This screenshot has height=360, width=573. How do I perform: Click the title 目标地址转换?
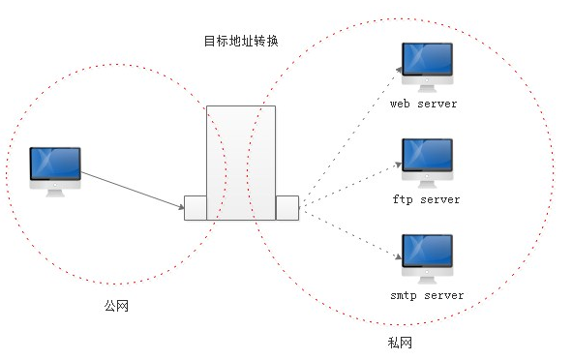pos(241,41)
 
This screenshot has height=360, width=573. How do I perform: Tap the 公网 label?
pos(116,306)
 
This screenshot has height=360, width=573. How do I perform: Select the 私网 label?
pos(400,343)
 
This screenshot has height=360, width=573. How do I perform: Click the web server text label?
pos(424,104)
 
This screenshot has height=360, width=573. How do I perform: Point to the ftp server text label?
pos(426,199)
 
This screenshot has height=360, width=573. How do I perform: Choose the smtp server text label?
pos(427,295)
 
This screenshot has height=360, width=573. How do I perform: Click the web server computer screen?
pos(427,59)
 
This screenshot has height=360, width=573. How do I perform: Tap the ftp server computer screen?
pos(427,155)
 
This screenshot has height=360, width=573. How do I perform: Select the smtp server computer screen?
pos(427,251)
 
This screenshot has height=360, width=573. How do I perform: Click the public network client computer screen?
pos(55,164)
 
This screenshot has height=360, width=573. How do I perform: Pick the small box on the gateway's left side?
pos(196,208)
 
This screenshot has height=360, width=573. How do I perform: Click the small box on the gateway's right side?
pos(287,208)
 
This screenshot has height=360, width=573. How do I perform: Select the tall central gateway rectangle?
pos(241,163)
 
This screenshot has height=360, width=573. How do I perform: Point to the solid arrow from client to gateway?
pos(133,191)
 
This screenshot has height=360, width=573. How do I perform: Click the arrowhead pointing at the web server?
pos(399,70)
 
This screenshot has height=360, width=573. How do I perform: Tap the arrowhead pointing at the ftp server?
pos(399,165)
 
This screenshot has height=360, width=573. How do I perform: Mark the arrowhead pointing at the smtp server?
pos(399,256)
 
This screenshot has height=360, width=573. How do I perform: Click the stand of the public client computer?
pos(55,193)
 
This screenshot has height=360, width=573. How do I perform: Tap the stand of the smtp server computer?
pos(427,280)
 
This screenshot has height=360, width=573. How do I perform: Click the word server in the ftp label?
pos(440,199)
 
